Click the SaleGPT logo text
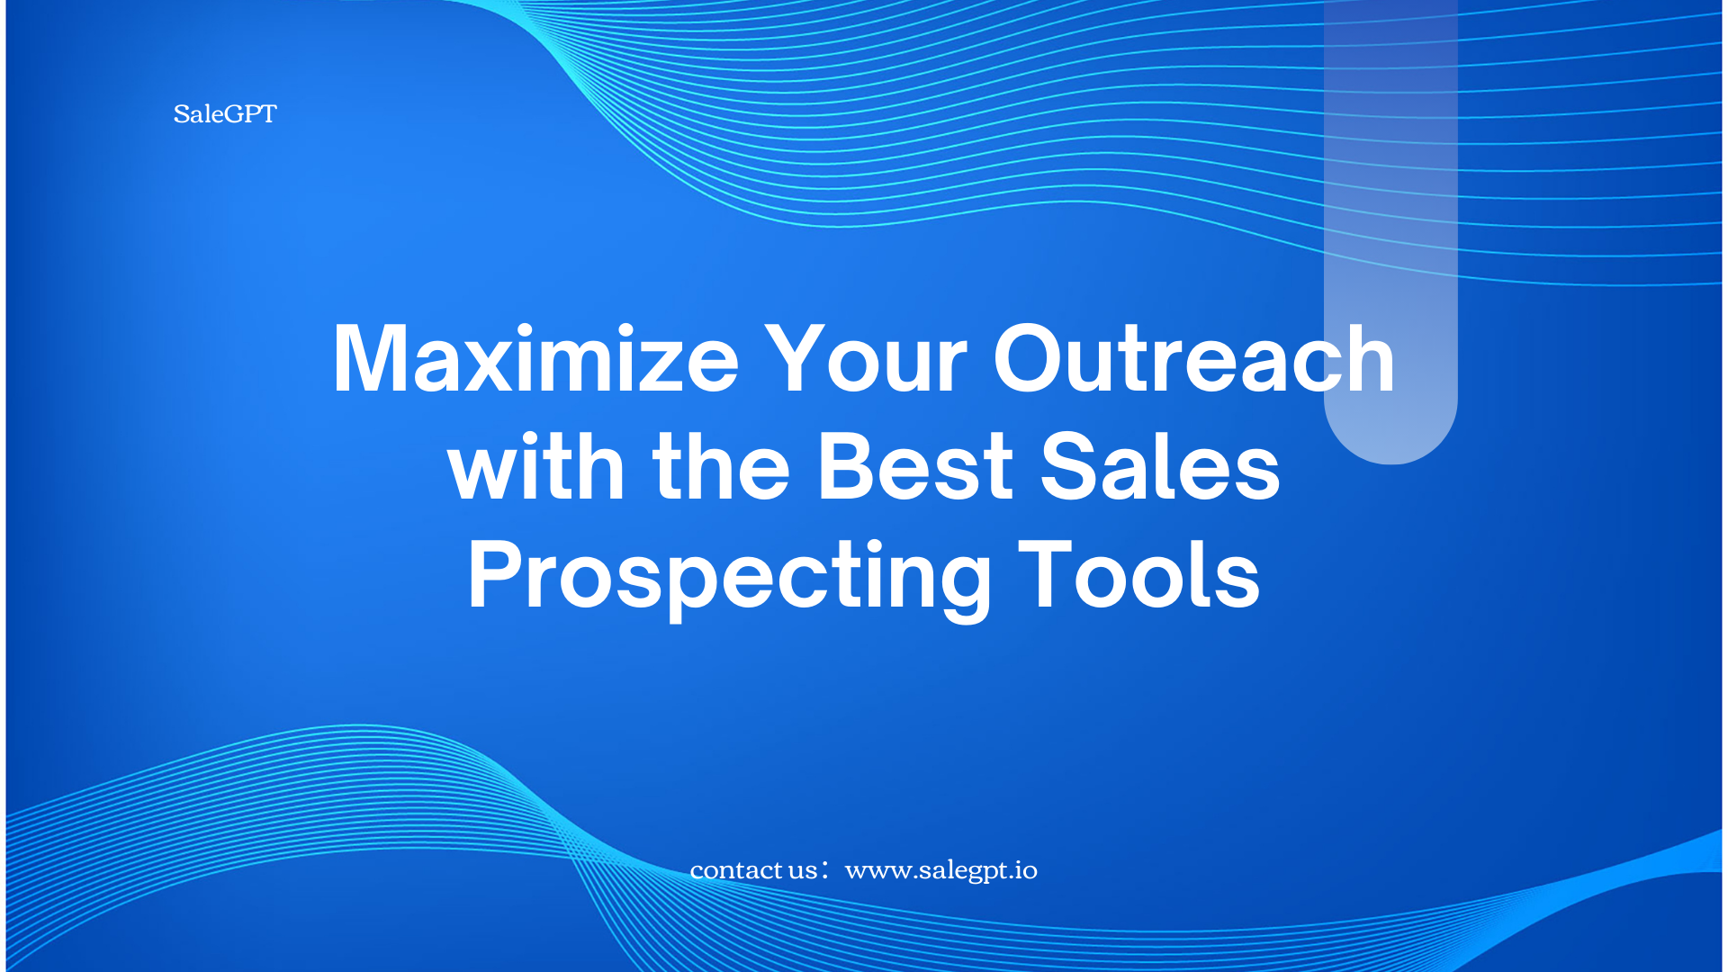[x=225, y=114]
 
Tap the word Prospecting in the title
[x=729, y=577]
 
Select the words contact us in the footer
[x=753, y=870]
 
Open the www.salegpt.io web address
[x=941, y=871]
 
